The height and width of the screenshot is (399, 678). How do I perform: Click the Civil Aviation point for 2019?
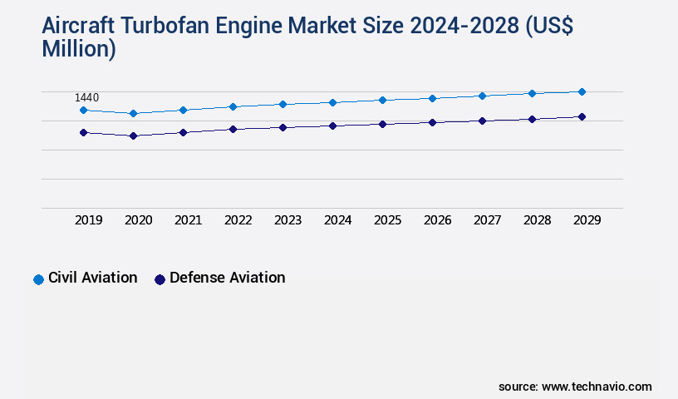click(x=83, y=110)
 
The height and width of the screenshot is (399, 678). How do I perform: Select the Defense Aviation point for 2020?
click(x=133, y=135)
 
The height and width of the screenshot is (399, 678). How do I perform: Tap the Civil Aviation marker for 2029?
click(x=582, y=91)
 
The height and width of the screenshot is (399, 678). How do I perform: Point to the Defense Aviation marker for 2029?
click(x=582, y=116)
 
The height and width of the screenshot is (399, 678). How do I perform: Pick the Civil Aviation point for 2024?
click(x=332, y=102)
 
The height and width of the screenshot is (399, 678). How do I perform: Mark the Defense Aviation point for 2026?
click(x=432, y=122)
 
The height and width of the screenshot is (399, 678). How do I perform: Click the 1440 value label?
click(x=86, y=98)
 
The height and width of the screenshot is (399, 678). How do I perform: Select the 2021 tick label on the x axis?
click(x=188, y=220)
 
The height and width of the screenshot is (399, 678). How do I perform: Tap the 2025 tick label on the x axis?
click(x=387, y=220)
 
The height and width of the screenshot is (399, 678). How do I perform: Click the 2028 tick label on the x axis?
click(x=537, y=220)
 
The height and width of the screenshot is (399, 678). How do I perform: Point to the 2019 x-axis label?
click(x=88, y=220)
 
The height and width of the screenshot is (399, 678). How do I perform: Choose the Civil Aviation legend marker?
click(x=38, y=279)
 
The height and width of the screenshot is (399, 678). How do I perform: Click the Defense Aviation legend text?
click(x=227, y=278)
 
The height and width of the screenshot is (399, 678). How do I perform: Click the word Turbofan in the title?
click(x=169, y=27)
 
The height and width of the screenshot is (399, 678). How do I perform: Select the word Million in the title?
click(x=79, y=49)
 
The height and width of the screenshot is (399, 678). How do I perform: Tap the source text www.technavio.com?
click(x=597, y=387)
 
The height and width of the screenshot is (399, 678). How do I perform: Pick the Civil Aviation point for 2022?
click(x=233, y=106)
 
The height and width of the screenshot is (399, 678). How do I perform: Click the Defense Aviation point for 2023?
click(x=282, y=127)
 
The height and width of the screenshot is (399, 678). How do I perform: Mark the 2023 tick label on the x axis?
click(x=287, y=220)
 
